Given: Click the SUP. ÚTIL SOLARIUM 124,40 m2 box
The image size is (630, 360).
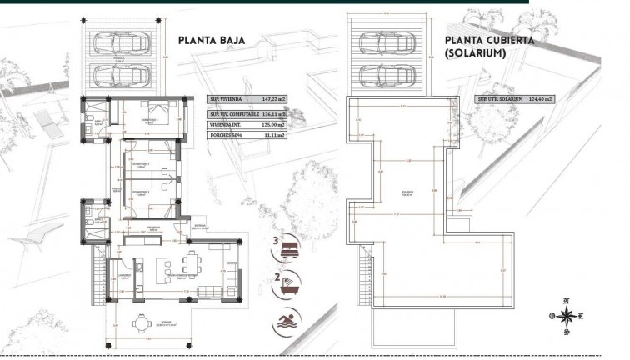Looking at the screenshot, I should click(515, 98).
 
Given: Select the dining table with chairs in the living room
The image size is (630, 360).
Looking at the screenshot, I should click(192, 262).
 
